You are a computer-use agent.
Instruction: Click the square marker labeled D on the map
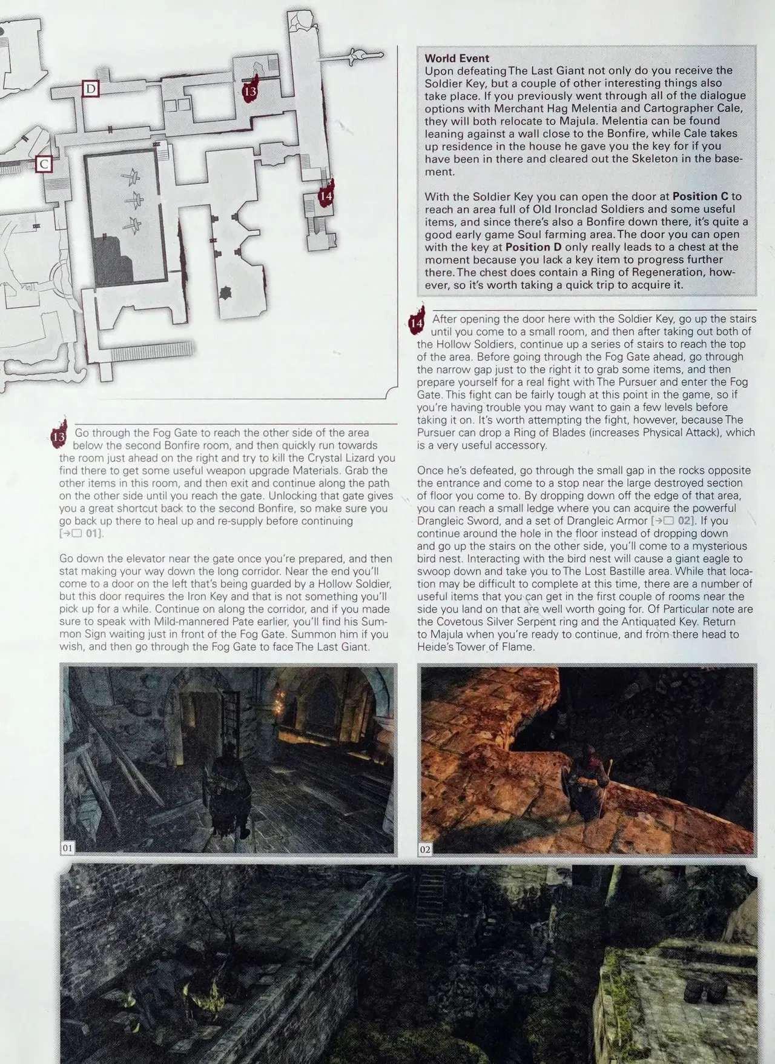tap(91, 89)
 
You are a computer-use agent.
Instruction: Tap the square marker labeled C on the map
tap(44, 164)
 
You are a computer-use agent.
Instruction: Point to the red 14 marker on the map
tap(326, 194)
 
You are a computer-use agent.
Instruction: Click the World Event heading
tap(457, 58)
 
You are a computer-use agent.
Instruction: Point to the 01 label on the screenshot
tap(67, 848)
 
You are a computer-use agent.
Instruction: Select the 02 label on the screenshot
tap(425, 850)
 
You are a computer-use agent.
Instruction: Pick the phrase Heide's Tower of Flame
tap(475, 647)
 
